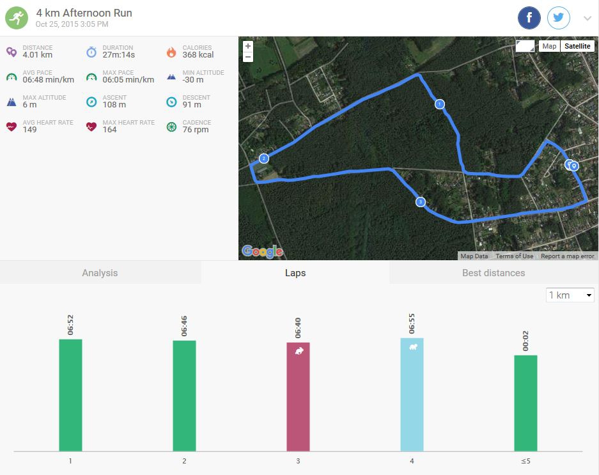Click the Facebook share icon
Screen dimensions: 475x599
pyautogui.click(x=529, y=18)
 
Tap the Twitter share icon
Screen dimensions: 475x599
pyautogui.click(x=559, y=18)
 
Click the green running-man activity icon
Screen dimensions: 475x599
pyautogui.click(x=17, y=18)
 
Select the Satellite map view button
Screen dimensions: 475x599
pyautogui.click(x=577, y=46)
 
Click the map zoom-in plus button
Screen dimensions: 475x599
pyautogui.click(x=248, y=46)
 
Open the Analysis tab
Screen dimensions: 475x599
pyautogui.click(x=100, y=273)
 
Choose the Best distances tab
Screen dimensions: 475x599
pyautogui.click(x=494, y=273)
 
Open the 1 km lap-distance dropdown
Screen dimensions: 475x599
pyautogui.click(x=570, y=295)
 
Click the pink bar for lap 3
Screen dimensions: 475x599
pyautogui.click(x=298, y=396)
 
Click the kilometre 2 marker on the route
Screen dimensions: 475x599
pyautogui.click(x=263, y=159)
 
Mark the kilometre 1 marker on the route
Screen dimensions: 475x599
pyautogui.click(x=439, y=104)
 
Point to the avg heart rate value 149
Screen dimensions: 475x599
pyautogui.click(x=29, y=130)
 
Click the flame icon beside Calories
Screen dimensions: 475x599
pyautogui.click(x=171, y=52)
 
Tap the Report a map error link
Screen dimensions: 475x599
pyautogui.click(x=567, y=256)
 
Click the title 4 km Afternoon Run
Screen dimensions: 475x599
pyautogui.click(x=84, y=13)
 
